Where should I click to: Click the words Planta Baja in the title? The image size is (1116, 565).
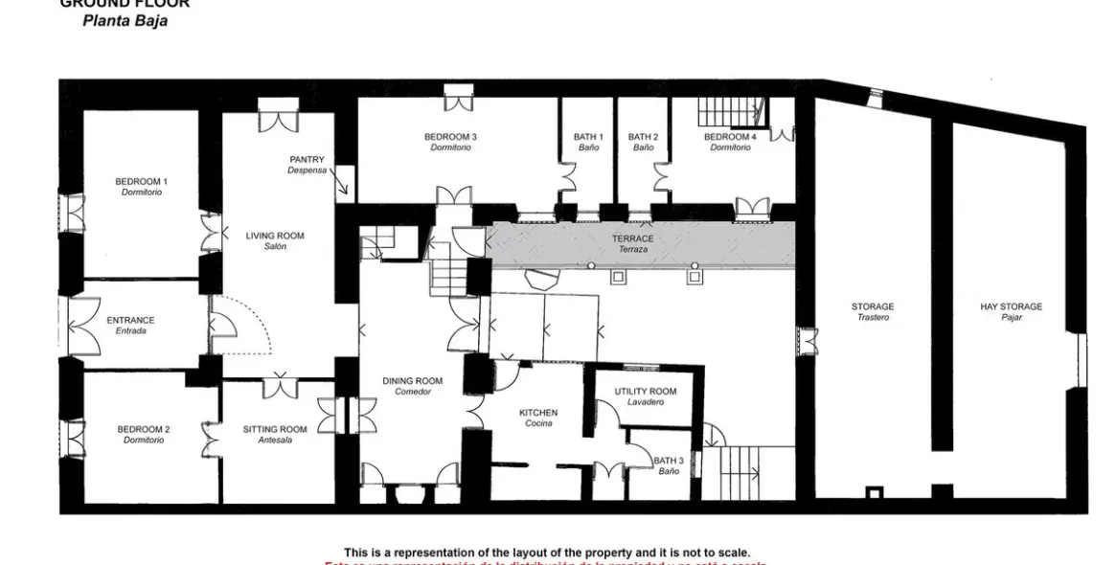[125, 20]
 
